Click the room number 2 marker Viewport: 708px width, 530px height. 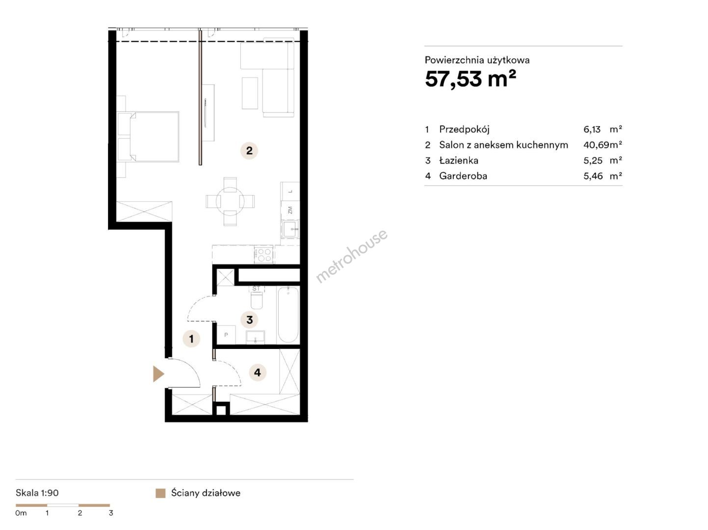(x=249, y=150)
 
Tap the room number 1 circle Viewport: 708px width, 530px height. (x=191, y=339)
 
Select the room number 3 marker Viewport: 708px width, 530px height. (x=249, y=319)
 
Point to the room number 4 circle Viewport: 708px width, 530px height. (x=258, y=372)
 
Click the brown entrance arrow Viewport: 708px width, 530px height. (x=158, y=374)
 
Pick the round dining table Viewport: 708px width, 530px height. (x=230, y=201)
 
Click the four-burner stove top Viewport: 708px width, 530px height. (x=264, y=255)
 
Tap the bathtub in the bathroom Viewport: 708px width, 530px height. (x=288, y=315)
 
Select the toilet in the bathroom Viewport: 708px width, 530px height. (x=257, y=297)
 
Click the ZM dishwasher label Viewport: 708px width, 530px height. (x=290, y=210)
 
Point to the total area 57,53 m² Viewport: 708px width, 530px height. (x=470, y=79)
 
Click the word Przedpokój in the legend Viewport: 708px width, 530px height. (x=464, y=130)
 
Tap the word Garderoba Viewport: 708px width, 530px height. (x=463, y=176)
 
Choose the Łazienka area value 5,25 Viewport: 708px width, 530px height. (x=593, y=160)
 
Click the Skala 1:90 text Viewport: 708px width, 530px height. (x=37, y=493)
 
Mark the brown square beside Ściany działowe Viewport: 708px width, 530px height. (x=160, y=493)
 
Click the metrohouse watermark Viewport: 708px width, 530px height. (x=351, y=256)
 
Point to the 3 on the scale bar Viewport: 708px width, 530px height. (x=111, y=513)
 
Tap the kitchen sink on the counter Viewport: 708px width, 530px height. (x=289, y=229)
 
